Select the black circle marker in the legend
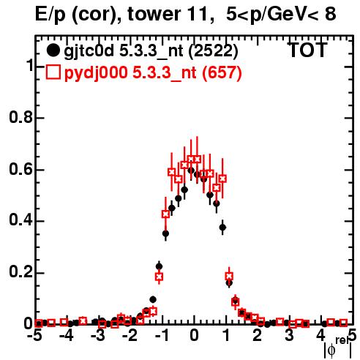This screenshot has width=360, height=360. coord(53,50)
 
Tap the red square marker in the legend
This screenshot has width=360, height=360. coord(53,72)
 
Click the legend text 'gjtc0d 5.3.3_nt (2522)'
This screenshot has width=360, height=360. coord(151,52)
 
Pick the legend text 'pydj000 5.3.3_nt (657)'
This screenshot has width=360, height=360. coord(153,73)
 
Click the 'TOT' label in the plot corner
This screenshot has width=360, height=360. coord(308,50)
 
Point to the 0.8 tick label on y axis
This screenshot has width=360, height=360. coord(21,117)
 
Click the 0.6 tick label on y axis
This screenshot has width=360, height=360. coord(21,169)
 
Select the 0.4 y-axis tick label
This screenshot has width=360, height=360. coord(21,220)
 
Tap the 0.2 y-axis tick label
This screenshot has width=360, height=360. coord(21,272)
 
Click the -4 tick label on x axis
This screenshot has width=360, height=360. coord(67,336)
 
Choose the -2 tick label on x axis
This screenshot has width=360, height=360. coord(130,336)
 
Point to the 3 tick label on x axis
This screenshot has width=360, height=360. coord(289,336)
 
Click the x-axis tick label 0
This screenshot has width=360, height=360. coord(194,336)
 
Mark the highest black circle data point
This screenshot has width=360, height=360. coord(191,170)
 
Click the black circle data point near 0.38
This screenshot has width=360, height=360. coord(222,228)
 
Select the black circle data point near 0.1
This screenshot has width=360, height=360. coord(153,299)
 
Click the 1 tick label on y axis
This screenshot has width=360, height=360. coord(30,66)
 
